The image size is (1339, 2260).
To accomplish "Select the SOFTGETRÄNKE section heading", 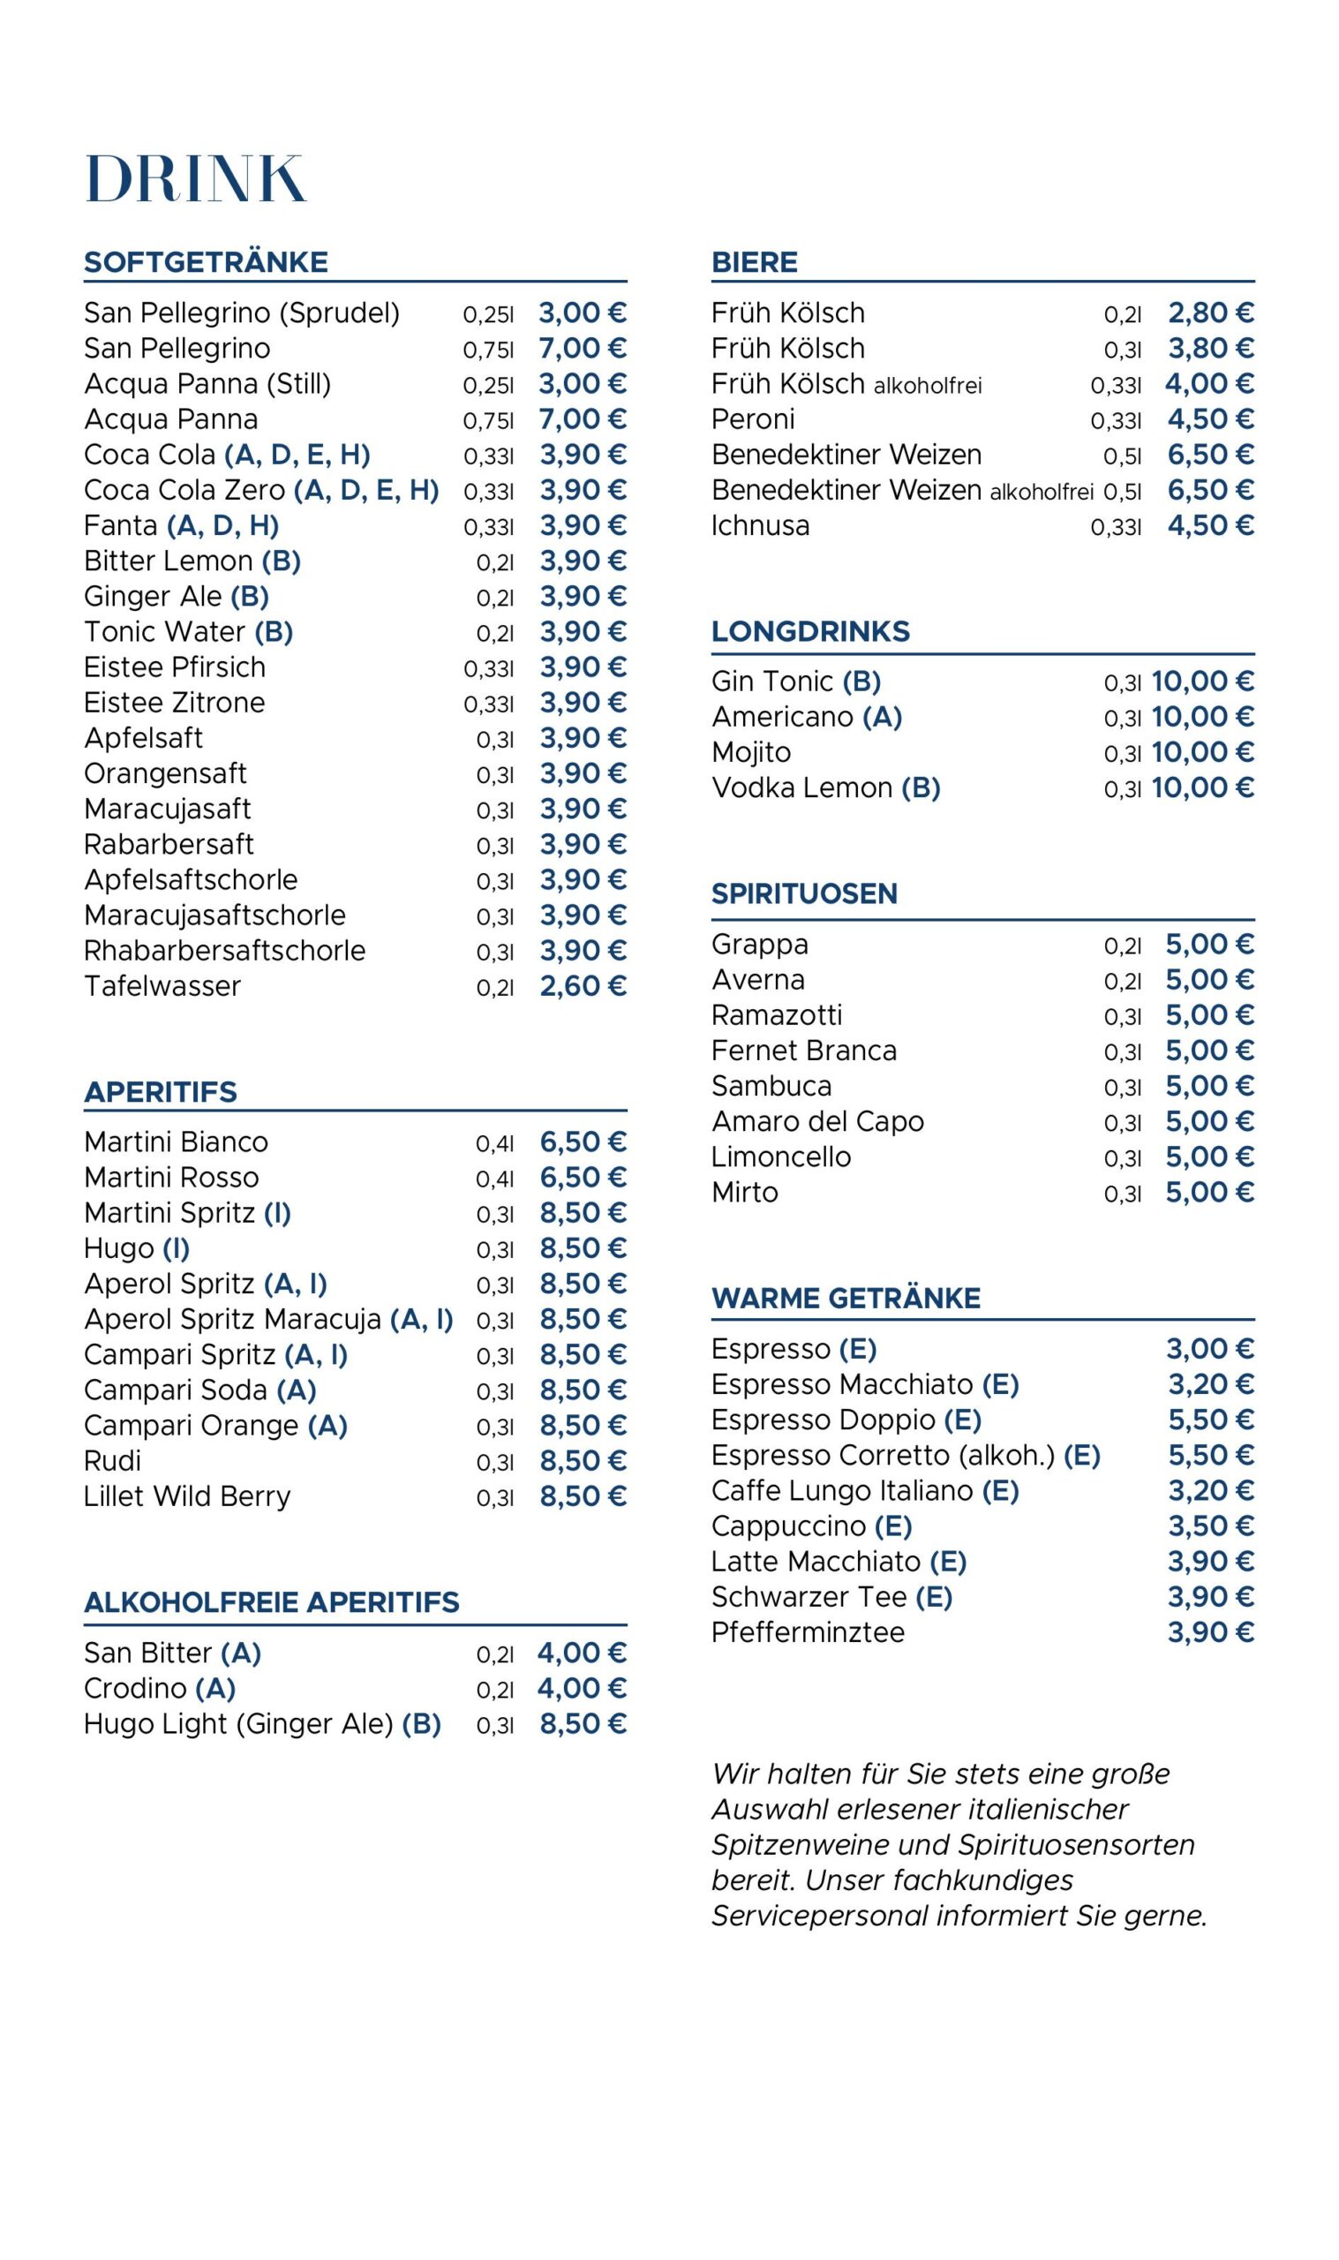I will [x=206, y=261].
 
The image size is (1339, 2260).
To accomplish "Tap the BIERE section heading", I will [x=755, y=261].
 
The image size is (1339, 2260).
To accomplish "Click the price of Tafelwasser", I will [x=582, y=986].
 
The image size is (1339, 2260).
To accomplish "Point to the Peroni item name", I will [x=753, y=419].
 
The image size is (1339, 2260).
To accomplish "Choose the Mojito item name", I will [x=751, y=752].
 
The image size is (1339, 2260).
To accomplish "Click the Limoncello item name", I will [x=780, y=1156].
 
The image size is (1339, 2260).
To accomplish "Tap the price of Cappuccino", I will [x=1210, y=1525].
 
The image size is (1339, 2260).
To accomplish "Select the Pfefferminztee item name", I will [x=808, y=1632].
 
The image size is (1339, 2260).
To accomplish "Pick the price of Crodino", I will [x=581, y=1688].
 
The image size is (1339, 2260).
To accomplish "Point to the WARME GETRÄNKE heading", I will [x=846, y=1299].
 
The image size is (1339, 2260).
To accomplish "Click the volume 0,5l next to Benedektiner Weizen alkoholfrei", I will [x=1123, y=492].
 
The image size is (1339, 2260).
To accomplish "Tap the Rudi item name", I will [x=112, y=1461].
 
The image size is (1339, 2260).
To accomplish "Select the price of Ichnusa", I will [x=1210, y=526].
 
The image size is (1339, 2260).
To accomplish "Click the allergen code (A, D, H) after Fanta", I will [x=222, y=526].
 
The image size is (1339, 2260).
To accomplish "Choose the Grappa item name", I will [x=760, y=945].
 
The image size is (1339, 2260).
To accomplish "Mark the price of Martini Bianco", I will [x=582, y=1142].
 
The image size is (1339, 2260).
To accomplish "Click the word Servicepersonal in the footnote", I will [x=819, y=1916].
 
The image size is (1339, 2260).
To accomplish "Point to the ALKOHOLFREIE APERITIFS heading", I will [x=272, y=1602].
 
